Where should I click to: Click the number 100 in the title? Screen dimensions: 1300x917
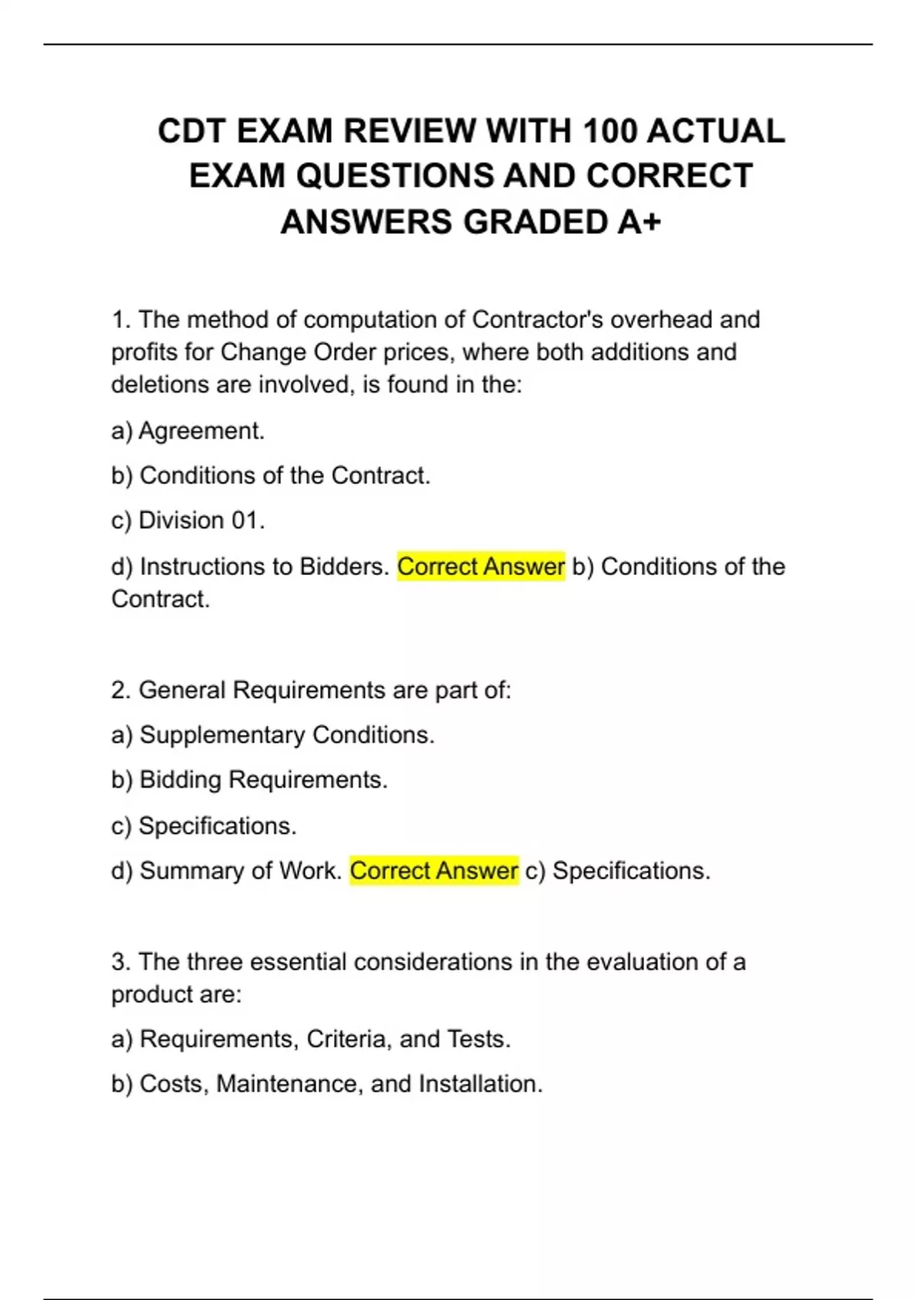(x=609, y=131)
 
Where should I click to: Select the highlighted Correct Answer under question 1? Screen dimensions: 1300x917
(x=481, y=567)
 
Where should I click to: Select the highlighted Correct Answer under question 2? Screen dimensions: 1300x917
(x=434, y=871)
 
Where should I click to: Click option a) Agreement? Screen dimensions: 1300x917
(x=188, y=431)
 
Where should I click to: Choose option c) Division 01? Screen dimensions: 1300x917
(x=188, y=521)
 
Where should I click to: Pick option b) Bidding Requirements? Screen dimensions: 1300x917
(x=249, y=780)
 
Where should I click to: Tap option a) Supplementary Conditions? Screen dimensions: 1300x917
(x=273, y=735)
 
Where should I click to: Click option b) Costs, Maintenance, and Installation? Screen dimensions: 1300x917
(x=326, y=1084)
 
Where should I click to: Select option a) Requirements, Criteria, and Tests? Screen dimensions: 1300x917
(x=310, y=1039)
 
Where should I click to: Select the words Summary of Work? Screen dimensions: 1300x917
(x=240, y=871)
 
